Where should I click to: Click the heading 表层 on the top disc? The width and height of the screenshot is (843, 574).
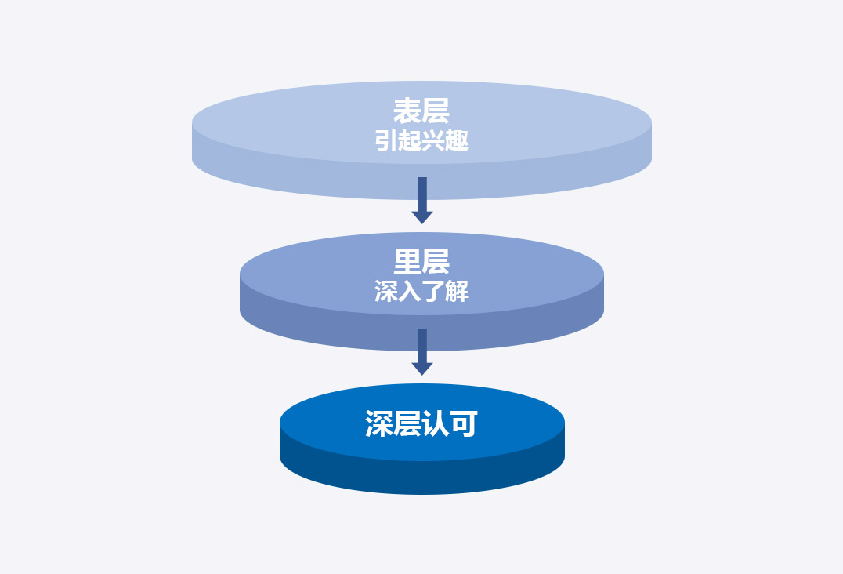click(x=421, y=111)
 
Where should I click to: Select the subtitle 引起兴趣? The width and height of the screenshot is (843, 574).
click(x=421, y=141)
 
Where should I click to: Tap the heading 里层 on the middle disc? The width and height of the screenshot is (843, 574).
click(x=421, y=262)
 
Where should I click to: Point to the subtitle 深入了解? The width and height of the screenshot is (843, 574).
click(x=421, y=292)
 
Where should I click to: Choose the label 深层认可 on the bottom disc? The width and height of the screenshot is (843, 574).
click(x=421, y=424)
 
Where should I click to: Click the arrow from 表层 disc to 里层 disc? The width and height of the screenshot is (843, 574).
click(x=422, y=200)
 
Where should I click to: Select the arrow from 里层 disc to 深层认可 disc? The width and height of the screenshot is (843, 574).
click(x=422, y=351)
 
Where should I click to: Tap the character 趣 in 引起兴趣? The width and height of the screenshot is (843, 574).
click(x=457, y=141)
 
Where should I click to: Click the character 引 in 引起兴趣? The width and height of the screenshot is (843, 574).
click(x=386, y=141)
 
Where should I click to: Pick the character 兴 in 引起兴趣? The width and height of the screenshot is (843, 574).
click(x=433, y=141)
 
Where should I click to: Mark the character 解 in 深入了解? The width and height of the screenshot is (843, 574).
click(x=457, y=292)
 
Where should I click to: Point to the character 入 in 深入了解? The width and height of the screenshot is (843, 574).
click(x=410, y=292)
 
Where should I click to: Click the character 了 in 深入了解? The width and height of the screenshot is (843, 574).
click(x=433, y=292)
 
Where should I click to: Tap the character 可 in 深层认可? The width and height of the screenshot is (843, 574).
click(x=464, y=424)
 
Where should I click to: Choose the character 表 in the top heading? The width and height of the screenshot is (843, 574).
click(x=407, y=111)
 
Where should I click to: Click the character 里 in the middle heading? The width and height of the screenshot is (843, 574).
click(x=407, y=262)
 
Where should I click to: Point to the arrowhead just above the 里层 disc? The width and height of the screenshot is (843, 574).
click(x=422, y=217)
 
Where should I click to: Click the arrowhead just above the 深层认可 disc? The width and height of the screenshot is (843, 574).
click(x=422, y=369)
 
